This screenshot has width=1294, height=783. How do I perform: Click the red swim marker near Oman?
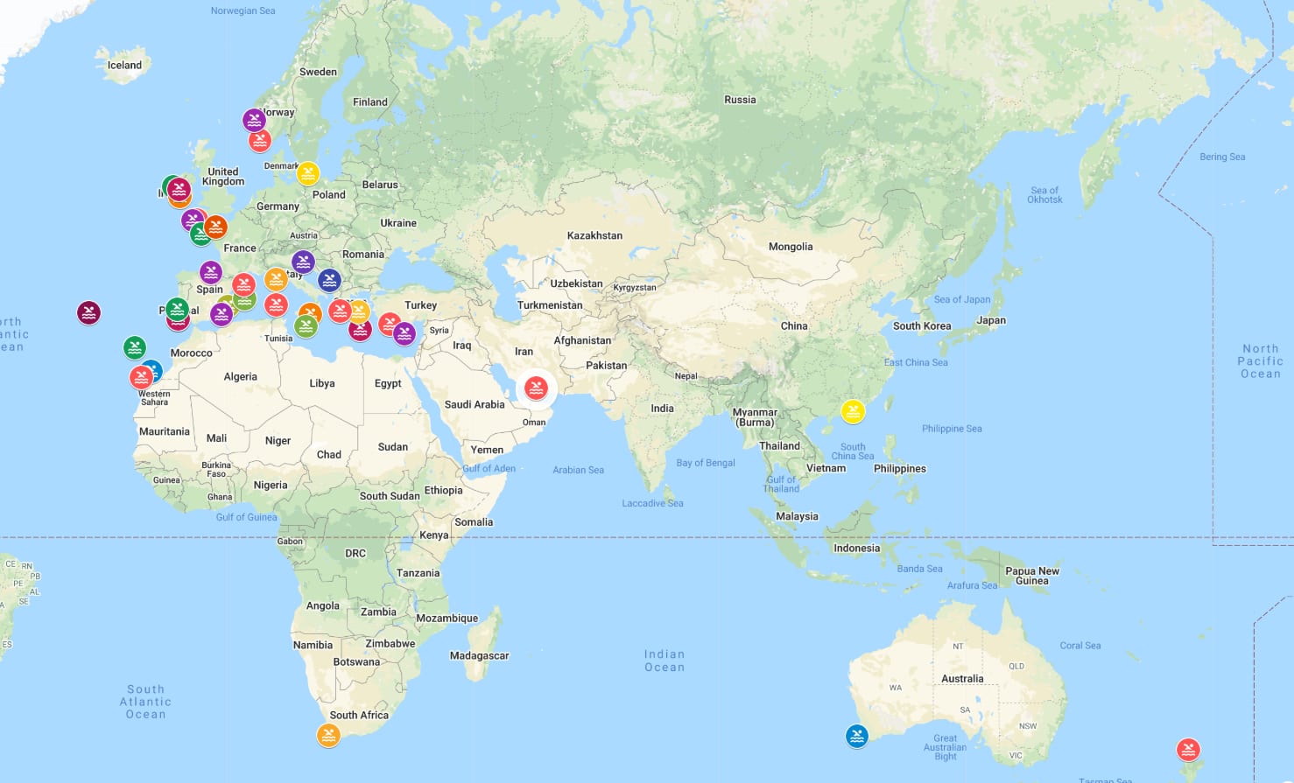[x=536, y=388]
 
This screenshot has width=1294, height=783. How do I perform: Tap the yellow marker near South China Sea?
[x=853, y=410]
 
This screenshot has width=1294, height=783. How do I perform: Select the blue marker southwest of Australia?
[x=857, y=736]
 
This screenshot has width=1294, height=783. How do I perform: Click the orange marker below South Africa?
[x=328, y=735]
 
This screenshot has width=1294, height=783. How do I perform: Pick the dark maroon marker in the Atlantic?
[x=88, y=312]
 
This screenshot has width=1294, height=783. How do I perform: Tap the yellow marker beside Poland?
[x=307, y=172]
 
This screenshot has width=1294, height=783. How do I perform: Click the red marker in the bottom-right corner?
[x=1188, y=750]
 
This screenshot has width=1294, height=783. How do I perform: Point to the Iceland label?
[x=124, y=65]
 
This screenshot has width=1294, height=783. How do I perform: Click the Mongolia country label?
[x=791, y=247]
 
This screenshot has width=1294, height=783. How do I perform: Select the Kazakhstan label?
[x=594, y=235]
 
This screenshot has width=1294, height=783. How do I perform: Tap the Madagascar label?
[x=479, y=655]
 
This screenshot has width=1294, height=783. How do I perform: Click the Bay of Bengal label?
[x=706, y=463]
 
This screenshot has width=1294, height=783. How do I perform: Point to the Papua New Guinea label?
[x=1032, y=576]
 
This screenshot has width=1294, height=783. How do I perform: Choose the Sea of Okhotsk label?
[x=1044, y=194]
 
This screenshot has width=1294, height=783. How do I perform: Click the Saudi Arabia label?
[x=475, y=404]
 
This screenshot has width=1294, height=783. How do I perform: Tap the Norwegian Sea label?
[x=243, y=10]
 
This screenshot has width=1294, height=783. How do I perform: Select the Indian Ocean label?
[x=665, y=661]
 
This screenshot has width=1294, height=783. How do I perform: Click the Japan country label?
[x=991, y=320]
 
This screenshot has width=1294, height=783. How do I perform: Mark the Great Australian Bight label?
[x=946, y=746]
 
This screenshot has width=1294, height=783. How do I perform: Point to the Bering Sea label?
[x=1222, y=157]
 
